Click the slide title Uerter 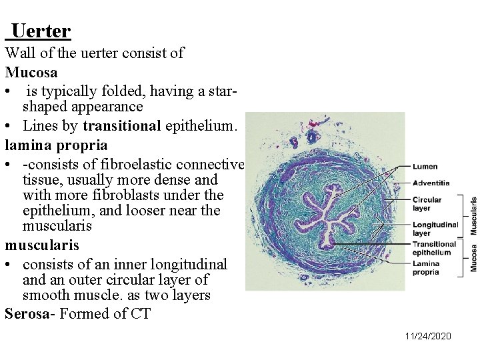[x=41, y=31]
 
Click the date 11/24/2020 [x=428, y=335]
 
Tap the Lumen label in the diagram [x=425, y=167]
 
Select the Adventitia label [x=431, y=183]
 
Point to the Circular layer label [x=427, y=203]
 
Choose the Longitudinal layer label [x=435, y=229]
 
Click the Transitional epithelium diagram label [x=434, y=248]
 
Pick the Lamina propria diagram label [x=426, y=268]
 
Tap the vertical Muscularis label [x=474, y=215]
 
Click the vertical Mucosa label [x=474, y=258]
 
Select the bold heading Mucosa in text [x=31, y=71]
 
